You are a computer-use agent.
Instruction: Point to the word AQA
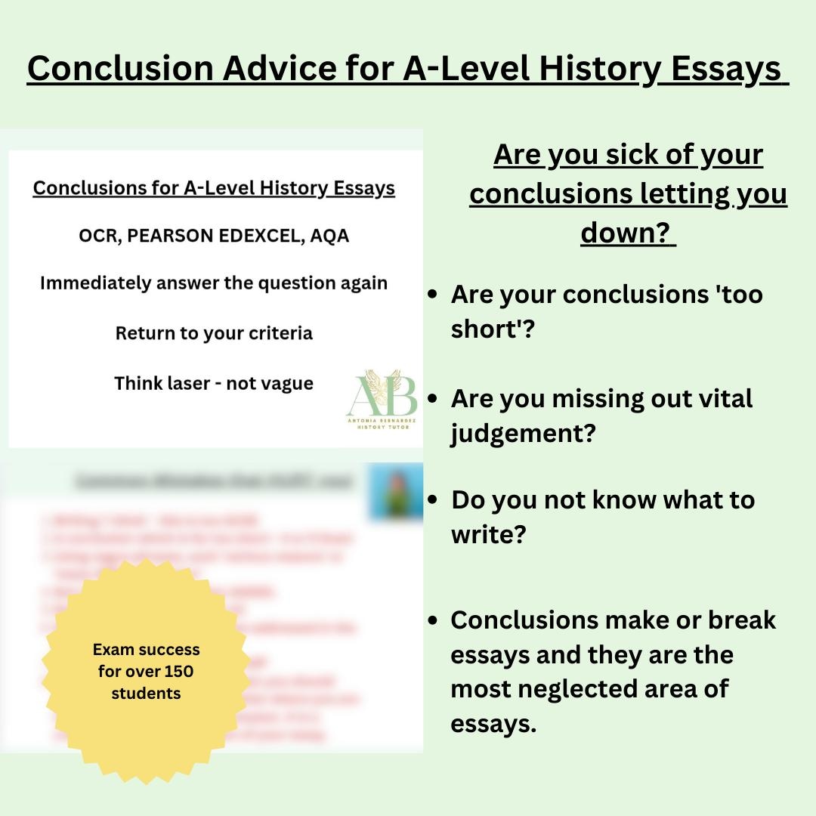pos(328,236)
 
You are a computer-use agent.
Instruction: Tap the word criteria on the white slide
pos(275,332)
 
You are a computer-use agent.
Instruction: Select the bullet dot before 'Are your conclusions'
pos(432,295)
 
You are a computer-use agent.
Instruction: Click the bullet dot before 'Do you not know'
pos(432,500)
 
